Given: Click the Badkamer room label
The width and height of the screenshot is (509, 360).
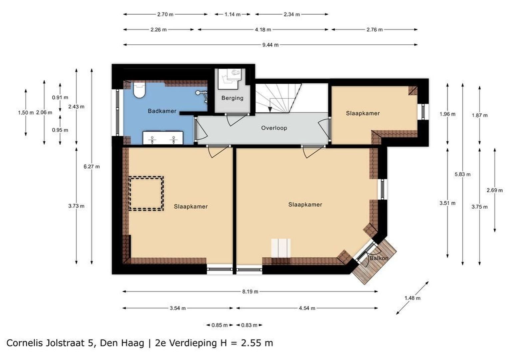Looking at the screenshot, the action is tap(162, 111).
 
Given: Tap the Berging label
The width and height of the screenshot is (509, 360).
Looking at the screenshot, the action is tap(232, 98).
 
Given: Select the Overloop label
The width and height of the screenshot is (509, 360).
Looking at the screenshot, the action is tap(274, 128).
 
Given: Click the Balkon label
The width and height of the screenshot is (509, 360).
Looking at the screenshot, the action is tap(379, 258).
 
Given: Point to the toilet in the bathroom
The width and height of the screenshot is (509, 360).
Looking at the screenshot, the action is tap(139, 90).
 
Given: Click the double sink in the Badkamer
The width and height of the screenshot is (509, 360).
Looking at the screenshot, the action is tap(163, 138).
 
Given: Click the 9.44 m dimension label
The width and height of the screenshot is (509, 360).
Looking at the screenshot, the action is tap(270, 45).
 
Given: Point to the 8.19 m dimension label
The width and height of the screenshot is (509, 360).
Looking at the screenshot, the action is tap(250, 292).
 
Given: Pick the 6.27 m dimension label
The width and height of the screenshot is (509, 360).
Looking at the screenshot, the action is tap(92, 166).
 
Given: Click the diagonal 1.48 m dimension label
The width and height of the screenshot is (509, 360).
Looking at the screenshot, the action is tap(412, 298).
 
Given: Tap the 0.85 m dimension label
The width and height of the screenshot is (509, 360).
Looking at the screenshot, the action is tap(220, 325).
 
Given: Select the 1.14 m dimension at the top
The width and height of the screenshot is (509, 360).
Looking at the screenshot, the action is tap(233, 14).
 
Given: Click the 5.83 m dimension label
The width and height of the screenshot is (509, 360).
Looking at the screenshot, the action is tap(462, 174).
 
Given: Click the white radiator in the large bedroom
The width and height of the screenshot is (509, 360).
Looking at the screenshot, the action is tap(280, 248).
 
